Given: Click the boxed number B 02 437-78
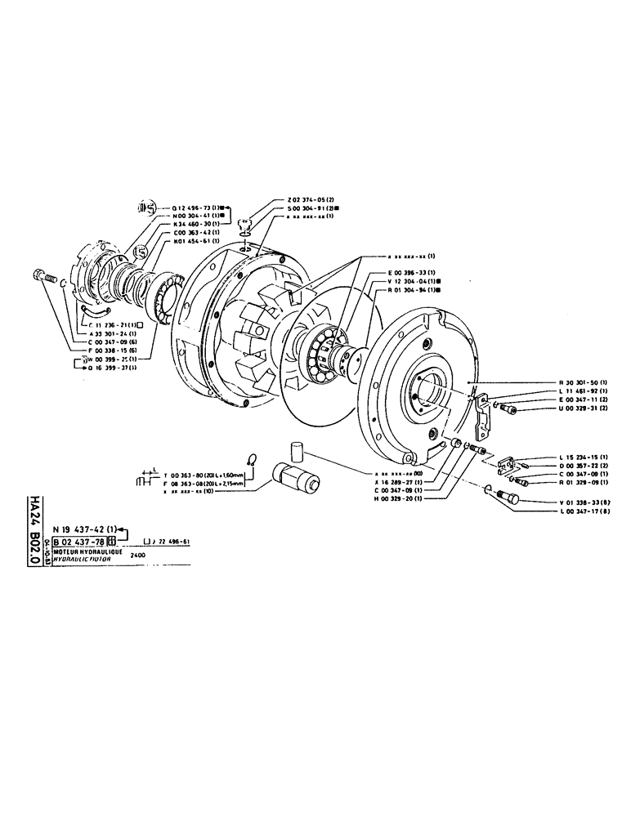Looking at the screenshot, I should coord(79,541).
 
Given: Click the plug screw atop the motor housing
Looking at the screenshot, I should coord(244,225).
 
